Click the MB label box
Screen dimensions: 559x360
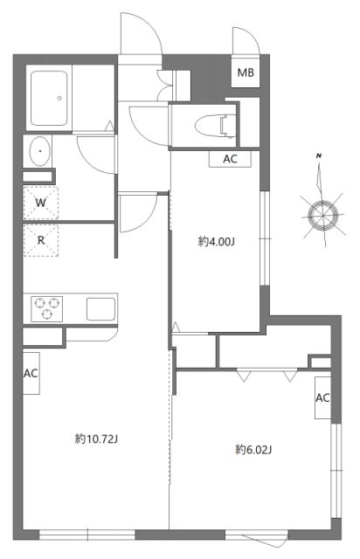245,73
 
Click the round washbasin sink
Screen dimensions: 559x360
40,153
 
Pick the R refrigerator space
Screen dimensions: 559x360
40,238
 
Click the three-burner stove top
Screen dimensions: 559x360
48,308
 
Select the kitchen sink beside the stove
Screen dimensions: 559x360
98,308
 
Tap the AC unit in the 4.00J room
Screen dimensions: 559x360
230,159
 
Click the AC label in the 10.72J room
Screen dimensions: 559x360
31,373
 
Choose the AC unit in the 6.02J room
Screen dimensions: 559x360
322,398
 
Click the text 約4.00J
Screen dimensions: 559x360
216,242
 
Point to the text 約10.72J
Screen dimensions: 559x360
96,439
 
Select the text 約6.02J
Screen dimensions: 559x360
254,450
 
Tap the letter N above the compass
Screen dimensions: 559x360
320,155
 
